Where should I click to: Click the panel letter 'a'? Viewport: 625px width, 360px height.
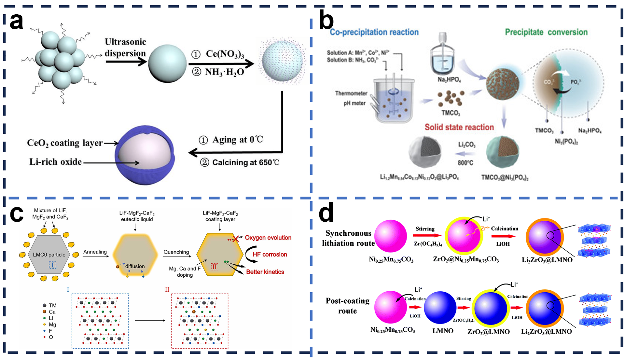coord(16,22)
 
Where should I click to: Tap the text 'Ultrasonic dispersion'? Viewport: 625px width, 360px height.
coord(125,48)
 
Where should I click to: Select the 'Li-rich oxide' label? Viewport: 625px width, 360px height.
coord(55,162)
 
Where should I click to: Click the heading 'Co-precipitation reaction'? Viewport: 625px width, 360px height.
coord(374,32)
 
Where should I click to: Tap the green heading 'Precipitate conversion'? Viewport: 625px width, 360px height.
coord(546,32)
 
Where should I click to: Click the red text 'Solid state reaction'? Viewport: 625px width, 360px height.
coord(459,127)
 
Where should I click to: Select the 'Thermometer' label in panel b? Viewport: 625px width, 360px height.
coord(351,93)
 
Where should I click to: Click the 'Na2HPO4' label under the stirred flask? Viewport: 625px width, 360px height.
coord(449,80)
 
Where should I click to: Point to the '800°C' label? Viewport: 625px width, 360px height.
coord(465,162)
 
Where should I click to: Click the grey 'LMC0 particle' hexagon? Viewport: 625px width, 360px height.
coord(49,255)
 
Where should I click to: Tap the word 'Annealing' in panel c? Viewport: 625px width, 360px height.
coord(95,252)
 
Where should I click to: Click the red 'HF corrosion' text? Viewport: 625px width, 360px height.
coord(270,254)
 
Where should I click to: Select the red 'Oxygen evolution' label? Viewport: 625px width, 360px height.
coord(268,238)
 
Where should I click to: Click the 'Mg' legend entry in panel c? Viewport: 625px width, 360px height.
coord(52,325)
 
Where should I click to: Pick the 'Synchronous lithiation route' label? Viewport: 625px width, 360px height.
coord(348,238)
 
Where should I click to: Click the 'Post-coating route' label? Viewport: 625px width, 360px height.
coord(347,306)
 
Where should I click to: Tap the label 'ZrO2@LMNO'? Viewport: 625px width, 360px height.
coord(488,332)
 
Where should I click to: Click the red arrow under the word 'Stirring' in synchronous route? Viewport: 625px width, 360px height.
coord(426,235)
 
